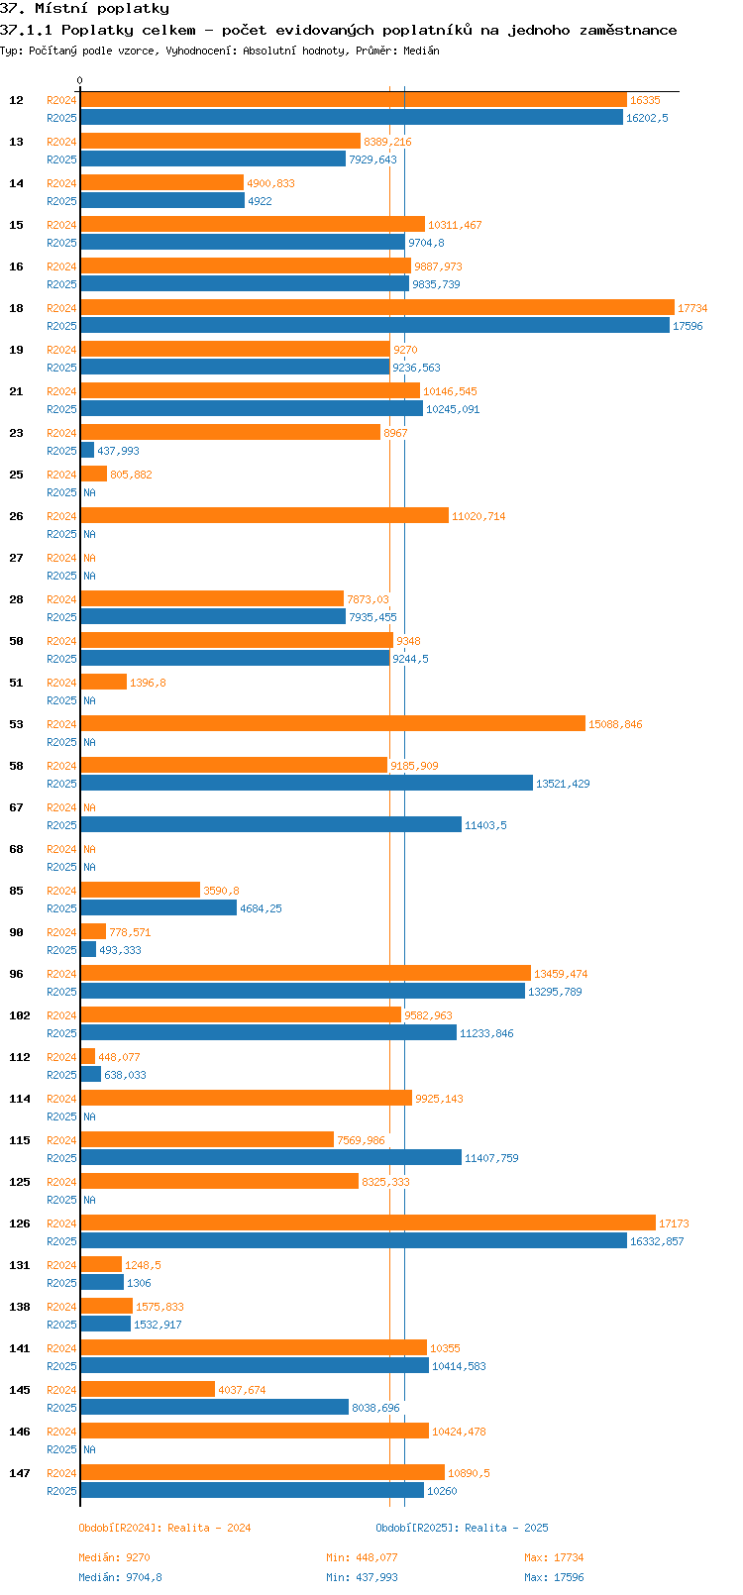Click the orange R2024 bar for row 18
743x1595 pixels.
tap(376, 308)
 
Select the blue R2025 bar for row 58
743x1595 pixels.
tap(306, 784)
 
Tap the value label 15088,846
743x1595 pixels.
tap(615, 724)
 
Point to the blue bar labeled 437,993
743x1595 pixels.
tap(87, 451)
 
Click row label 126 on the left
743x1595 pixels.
tap(20, 1223)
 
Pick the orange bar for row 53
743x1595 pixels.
tap(333, 724)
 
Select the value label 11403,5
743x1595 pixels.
tap(485, 825)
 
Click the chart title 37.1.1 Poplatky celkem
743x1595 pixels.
tap(338, 30)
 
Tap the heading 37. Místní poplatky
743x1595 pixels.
tap(84, 9)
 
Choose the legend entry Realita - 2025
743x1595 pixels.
tap(462, 1528)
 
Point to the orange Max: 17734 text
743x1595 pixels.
tap(554, 1557)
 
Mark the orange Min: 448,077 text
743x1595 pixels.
tap(362, 1557)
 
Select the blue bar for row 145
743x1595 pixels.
tap(214, 1408)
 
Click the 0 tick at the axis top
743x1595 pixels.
tap(80, 81)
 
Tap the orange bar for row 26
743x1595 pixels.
tap(265, 516)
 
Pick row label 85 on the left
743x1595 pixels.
tap(17, 891)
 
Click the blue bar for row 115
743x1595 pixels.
tap(270, 1158)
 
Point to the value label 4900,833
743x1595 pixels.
tap(270, 183)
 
